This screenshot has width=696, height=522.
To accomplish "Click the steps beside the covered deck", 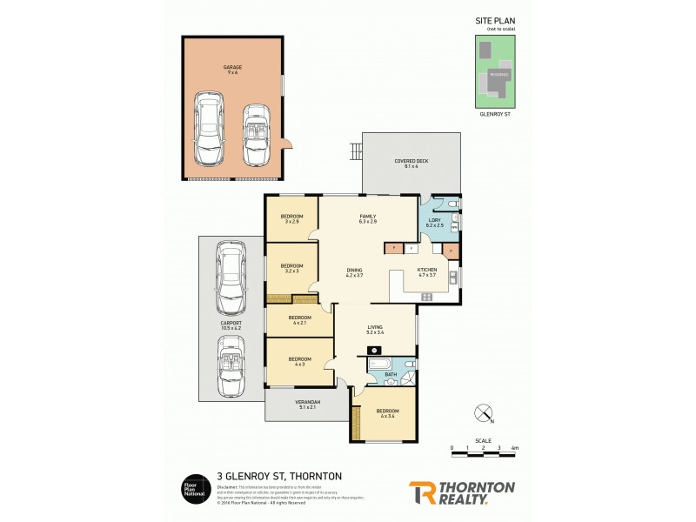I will pyautogui.click(x=354, y=151).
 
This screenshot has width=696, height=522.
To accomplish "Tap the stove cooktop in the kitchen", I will pyautogui.click(x=427, y=297).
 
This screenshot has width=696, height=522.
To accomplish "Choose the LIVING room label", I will pyautogui.click(x=375, y=329).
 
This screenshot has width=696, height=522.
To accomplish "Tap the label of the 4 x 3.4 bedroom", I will pyautogui.click(x=387, y=413).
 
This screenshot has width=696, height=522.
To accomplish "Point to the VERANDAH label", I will pyautogui.click(x=310, y=404).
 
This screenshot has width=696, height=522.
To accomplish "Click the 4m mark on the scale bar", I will pyautogui.click(x=515, y=448).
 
